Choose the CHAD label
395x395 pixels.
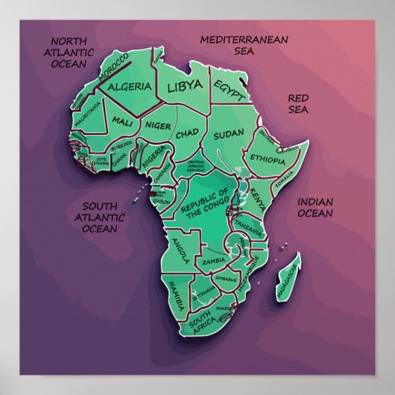186,134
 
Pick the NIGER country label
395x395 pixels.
157,125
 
